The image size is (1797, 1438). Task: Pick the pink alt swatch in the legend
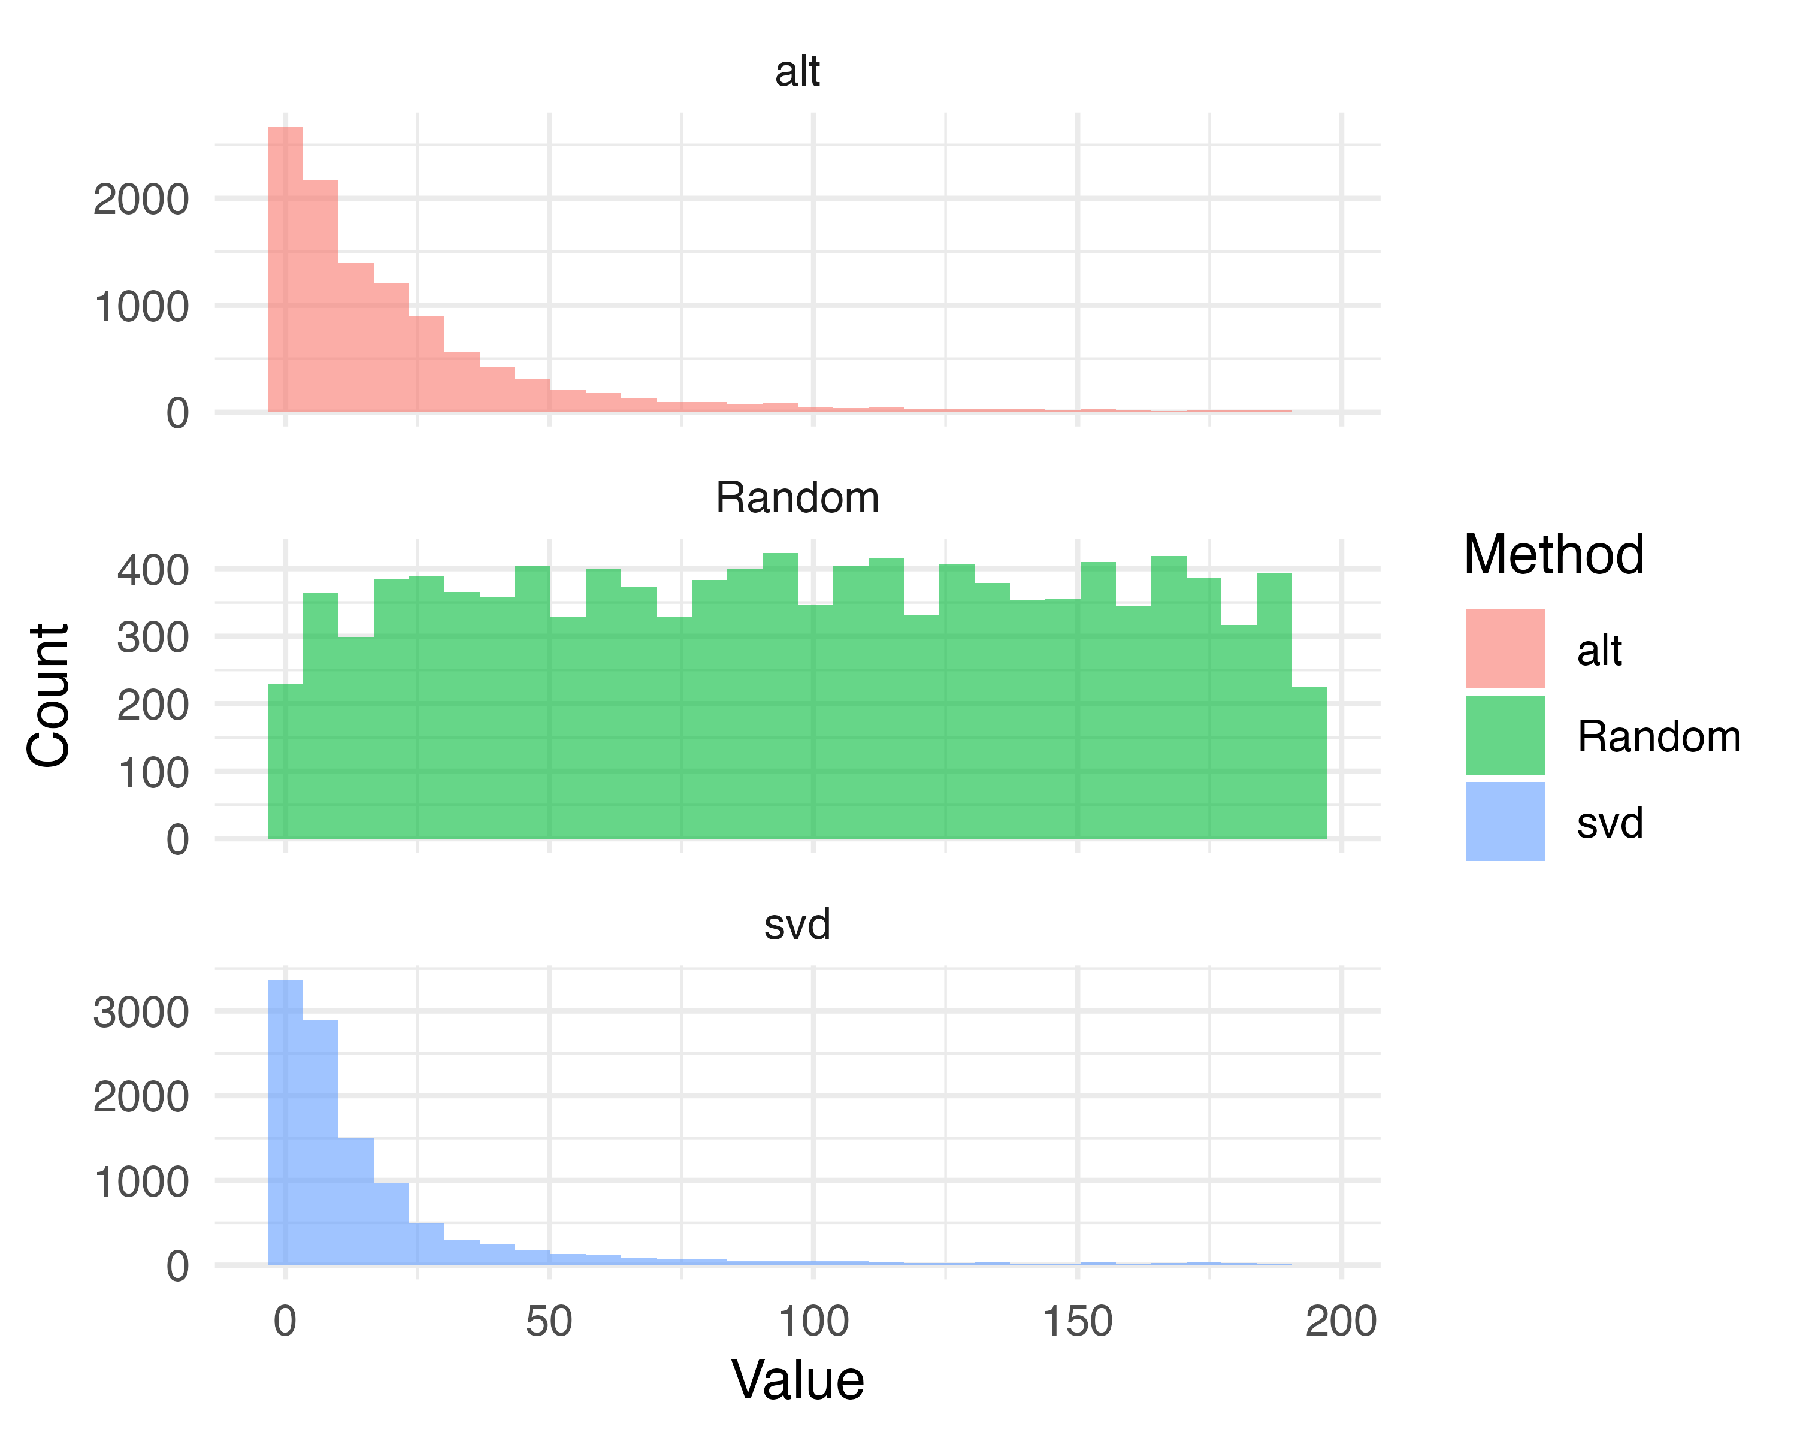[1505, 648]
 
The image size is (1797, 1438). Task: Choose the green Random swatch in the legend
[1505, 735]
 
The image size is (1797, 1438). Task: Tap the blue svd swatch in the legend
[1505, 821]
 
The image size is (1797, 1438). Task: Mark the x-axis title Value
[798, 1380]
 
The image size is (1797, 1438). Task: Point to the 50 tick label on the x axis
[549, 1322]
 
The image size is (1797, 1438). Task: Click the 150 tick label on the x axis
[1077, 1322]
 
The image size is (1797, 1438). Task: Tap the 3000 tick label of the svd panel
[141, 1013]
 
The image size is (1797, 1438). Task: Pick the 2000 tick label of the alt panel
[141, 200]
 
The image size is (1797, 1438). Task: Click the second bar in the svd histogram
[321, 1142]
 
